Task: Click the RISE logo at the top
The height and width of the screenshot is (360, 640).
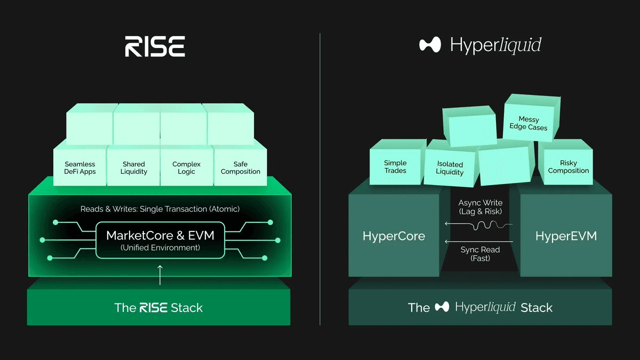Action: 155,46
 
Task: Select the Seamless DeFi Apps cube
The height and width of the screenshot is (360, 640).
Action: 80,168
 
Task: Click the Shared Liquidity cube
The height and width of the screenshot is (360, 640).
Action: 133,168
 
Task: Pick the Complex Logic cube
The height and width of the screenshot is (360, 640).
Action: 187,168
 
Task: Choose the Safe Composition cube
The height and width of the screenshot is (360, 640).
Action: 240,168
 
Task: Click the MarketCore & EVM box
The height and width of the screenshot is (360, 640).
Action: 160,241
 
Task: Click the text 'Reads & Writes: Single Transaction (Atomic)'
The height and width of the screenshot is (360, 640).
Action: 160,209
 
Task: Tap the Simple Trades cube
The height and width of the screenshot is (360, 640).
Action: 395,166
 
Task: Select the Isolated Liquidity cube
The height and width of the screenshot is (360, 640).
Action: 450,168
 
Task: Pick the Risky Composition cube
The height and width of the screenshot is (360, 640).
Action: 568,167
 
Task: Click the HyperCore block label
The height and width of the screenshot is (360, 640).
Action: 394,236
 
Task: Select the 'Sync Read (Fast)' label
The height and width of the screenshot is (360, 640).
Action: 480,254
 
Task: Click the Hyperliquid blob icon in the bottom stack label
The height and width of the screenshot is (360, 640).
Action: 442,307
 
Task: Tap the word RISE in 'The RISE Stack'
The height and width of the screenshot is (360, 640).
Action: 154,308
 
